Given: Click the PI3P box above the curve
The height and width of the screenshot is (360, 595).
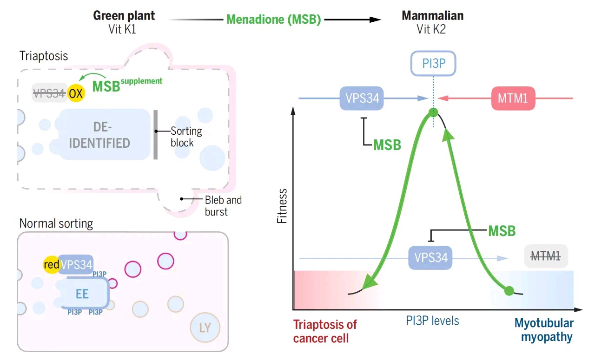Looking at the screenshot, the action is [x=433, y=64].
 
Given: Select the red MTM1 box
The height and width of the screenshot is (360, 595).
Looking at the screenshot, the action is [x=513, y=98].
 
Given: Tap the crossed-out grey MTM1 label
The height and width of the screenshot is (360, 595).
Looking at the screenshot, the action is [x=546, y=256].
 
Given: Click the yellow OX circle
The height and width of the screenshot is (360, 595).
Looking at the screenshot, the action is [x=76, y=93].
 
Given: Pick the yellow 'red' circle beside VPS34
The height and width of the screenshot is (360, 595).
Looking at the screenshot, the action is [x=52, y=265].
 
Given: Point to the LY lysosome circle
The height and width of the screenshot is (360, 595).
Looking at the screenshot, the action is [x=205, y=328].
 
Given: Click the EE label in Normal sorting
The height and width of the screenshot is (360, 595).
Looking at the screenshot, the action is [x=82, y=294].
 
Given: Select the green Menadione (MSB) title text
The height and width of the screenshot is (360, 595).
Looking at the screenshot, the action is [x=274, y=20].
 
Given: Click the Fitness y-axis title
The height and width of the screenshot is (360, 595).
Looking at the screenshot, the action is [x=282, y=206].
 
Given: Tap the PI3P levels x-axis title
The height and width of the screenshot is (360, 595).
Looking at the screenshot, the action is [x=432, y=321].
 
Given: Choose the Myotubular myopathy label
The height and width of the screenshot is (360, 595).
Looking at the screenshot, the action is [x=544, y=330].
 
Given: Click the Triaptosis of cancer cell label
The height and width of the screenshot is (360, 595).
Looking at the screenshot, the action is [x=325, y=331].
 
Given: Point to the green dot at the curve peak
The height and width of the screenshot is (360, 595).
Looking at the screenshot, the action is [x=433, y=112].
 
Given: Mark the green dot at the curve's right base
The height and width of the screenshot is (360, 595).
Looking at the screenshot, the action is [x=509, y=291].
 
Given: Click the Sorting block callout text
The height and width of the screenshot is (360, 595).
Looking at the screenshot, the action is [x=186, y=137].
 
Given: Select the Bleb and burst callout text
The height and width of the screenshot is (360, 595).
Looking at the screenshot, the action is [x=223, y=206].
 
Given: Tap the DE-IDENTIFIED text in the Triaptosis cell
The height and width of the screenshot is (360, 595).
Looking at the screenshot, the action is [x=99, y=135].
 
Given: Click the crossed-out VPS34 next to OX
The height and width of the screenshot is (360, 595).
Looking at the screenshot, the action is [x=49, y=93].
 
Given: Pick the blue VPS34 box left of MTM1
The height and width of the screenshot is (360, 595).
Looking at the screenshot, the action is [x=362, y=98].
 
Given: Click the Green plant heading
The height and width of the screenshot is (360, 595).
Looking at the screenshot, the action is [x=124, y=15].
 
